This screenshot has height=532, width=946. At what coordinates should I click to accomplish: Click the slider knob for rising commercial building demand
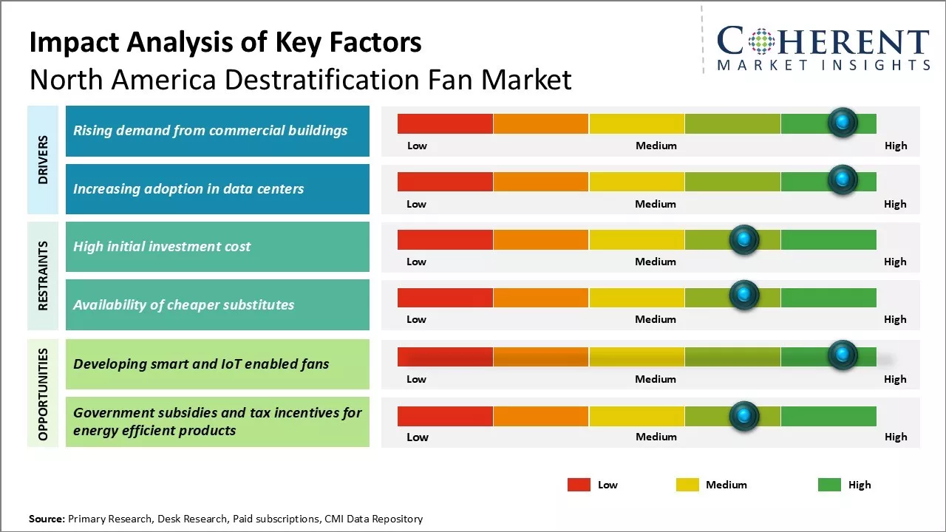(843, 122)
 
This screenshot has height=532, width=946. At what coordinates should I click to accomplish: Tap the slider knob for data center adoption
(843, 180)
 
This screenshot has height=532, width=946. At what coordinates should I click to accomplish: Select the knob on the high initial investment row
(744, 239)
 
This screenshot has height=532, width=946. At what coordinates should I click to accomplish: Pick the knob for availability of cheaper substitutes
(744, 296)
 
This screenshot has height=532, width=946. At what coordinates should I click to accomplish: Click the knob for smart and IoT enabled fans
(843, 355)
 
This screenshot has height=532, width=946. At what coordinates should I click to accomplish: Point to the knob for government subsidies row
(744, 416)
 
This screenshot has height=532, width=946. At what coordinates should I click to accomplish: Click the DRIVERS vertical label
(44, 160)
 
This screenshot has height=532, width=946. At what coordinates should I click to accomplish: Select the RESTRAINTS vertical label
(44, 275)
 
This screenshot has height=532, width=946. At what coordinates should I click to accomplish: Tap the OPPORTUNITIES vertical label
(44, 394)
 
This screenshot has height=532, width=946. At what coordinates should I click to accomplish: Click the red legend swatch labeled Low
(579, 485)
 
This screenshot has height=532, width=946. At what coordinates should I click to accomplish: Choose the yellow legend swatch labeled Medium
(687, 485)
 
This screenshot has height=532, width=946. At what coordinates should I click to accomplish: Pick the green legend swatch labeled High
(829, 485)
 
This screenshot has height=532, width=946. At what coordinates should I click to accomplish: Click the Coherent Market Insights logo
(823, 48)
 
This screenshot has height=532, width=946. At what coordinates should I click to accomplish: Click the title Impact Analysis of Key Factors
(225, 43)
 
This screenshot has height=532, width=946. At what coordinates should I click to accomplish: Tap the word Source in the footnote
(46, 519)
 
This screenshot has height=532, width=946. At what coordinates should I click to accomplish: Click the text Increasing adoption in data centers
(188, 189)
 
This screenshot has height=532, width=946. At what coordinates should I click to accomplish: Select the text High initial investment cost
(162, 247)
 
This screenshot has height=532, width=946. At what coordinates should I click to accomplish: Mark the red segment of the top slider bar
(445, 123)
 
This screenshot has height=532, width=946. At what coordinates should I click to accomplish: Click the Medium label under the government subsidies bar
(656, 437)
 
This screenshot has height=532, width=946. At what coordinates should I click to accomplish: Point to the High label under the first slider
(895, 146)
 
